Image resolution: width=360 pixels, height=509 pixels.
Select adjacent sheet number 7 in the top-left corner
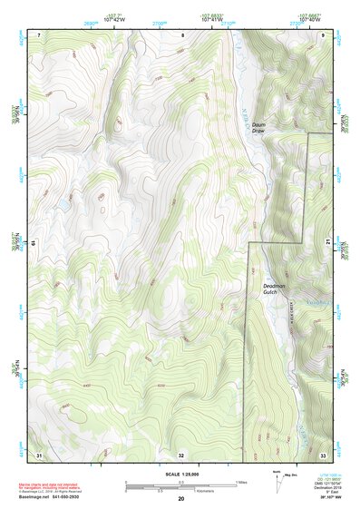[x=39, y=34]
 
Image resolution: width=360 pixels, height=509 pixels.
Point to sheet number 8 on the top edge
[x=181, y=34]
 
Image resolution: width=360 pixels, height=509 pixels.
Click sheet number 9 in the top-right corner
[x=324, y=34]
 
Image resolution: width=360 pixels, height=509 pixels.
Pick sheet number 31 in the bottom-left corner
[x=39, y=454]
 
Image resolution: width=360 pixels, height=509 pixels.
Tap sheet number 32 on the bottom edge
[x=181, y=455]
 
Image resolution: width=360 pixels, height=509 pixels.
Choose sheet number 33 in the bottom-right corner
[x=323, y=454]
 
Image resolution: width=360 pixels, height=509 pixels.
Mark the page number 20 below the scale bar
[x=180, y=498]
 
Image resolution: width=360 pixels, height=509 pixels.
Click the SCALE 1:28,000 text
[x=181, y=473]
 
